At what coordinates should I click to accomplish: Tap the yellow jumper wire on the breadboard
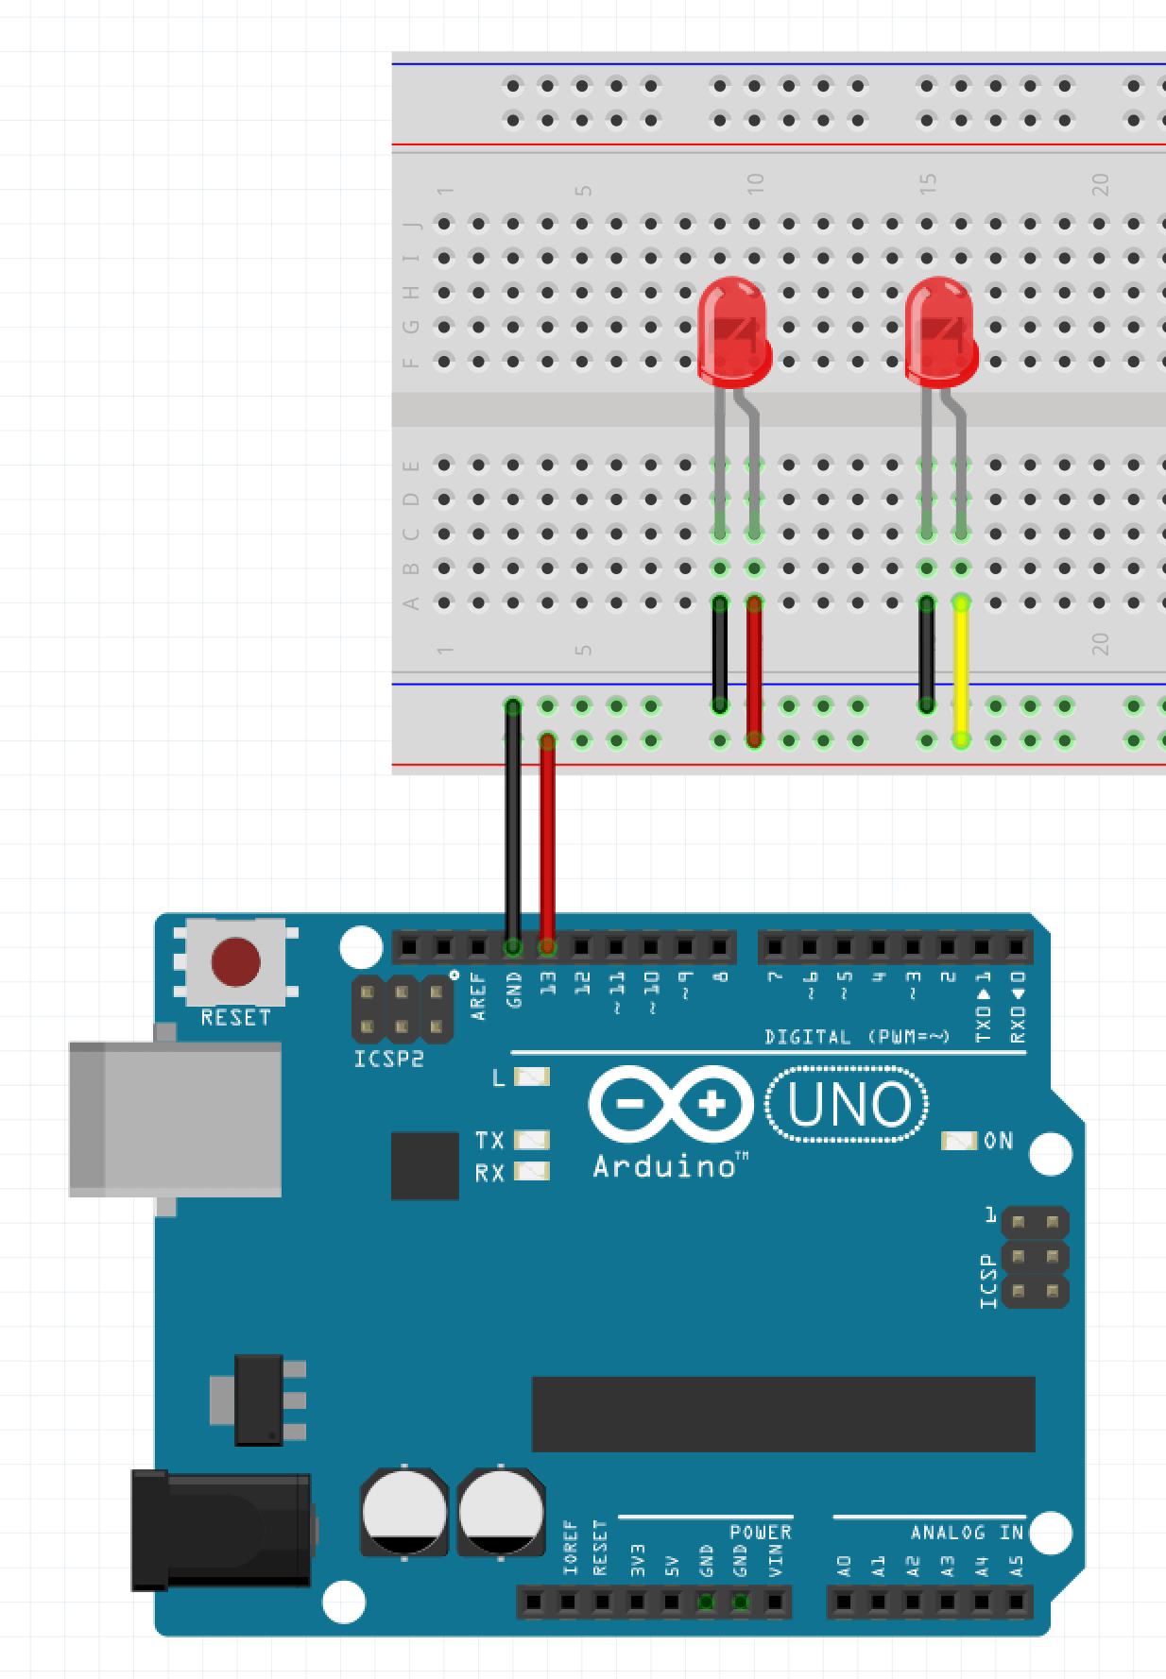coord(961,670)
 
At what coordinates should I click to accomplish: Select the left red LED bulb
coord(733,331)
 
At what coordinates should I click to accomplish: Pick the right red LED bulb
coord(940,331)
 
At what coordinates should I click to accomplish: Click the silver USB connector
coord(176,1119)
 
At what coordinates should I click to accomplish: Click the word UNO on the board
coord(848,1104)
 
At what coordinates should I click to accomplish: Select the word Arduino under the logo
coord(664,1167)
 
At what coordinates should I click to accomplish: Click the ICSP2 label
coord(388,1060)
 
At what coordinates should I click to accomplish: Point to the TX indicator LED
coord(532,1140)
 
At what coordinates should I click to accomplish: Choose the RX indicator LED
coord(532,1172)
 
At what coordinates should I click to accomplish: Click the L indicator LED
coord(532,1077)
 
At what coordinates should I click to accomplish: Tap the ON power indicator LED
coord(958,1141)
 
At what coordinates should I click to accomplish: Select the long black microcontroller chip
coord(783,1414)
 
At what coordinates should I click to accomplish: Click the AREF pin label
coord(478,995)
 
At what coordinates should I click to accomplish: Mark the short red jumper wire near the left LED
coord(754,670)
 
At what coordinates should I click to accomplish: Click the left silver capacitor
coord(404,1511)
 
